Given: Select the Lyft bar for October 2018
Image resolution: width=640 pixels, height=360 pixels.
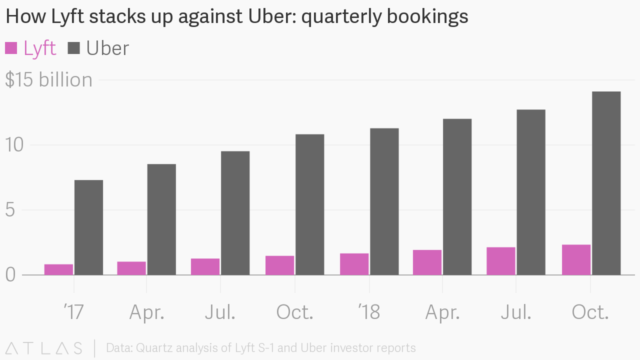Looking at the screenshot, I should pos(576,259).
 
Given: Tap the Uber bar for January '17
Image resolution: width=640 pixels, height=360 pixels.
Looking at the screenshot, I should pos(88,227).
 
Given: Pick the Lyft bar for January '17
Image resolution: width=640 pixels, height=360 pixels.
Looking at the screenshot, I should pos(58,269).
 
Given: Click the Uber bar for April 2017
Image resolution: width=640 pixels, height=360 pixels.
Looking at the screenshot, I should pos(161,219).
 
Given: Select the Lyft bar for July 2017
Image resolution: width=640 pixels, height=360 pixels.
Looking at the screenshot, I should pos(205,266).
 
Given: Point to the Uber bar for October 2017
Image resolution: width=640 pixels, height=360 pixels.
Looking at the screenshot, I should pos(309,204).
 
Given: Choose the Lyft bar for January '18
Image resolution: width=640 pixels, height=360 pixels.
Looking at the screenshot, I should pos(354,264).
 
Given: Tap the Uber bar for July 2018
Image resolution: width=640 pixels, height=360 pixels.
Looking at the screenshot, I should pos(531,192).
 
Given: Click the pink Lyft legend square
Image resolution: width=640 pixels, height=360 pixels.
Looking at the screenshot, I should pos(11,48).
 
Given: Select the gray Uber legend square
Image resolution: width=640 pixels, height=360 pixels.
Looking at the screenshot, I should pos(74,48).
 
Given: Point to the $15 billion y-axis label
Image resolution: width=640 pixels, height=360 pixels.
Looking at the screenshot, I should pos(48,80).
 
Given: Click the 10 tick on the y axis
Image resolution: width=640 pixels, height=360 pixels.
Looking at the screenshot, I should pos(14,145).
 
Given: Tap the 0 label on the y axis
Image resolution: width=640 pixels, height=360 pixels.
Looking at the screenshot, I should pos(10,275).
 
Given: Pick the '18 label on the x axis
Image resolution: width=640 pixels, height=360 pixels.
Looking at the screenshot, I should pos(369,312).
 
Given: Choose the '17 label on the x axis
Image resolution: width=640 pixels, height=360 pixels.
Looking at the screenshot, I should pos(73,312).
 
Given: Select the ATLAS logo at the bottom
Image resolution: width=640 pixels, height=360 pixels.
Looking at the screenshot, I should pos(43,348).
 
